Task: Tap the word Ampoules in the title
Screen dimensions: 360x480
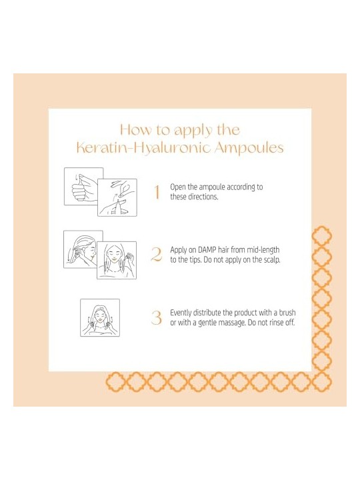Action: coord(249,148)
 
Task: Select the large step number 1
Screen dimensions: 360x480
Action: coord(157,192)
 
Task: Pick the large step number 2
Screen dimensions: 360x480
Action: coord(157,255)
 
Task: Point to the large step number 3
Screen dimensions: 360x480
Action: coord(157,317)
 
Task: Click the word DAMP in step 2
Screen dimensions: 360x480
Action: coord(207,250)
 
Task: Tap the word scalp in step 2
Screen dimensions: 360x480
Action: coord(272,260)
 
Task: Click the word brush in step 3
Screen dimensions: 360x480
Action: coord(287,313)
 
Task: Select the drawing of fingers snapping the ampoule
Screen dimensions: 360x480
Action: coord(117,197)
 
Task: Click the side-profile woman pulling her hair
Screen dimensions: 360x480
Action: coord(83,249)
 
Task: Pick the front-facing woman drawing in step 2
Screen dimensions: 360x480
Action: coord(117,260)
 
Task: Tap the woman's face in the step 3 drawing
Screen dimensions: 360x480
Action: coord(99,315)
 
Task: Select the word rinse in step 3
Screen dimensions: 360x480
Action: coord(277,323)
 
